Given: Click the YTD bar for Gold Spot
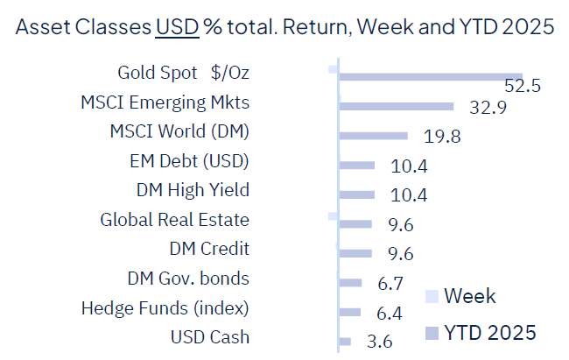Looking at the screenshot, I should click(430, 77).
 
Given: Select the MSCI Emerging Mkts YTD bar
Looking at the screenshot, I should click(396, 106).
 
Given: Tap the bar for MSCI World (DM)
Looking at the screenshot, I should click(373, 136).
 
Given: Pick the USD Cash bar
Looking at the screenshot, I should click(345, 342).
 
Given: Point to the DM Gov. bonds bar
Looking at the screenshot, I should click(350, 282).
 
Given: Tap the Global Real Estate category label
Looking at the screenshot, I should click(174, 220).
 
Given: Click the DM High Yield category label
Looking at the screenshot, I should click(193, 190).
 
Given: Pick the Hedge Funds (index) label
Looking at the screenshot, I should click(165, 308).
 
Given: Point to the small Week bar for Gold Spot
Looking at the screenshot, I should click(333, 68).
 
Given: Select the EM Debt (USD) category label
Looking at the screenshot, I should click(188, 161).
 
